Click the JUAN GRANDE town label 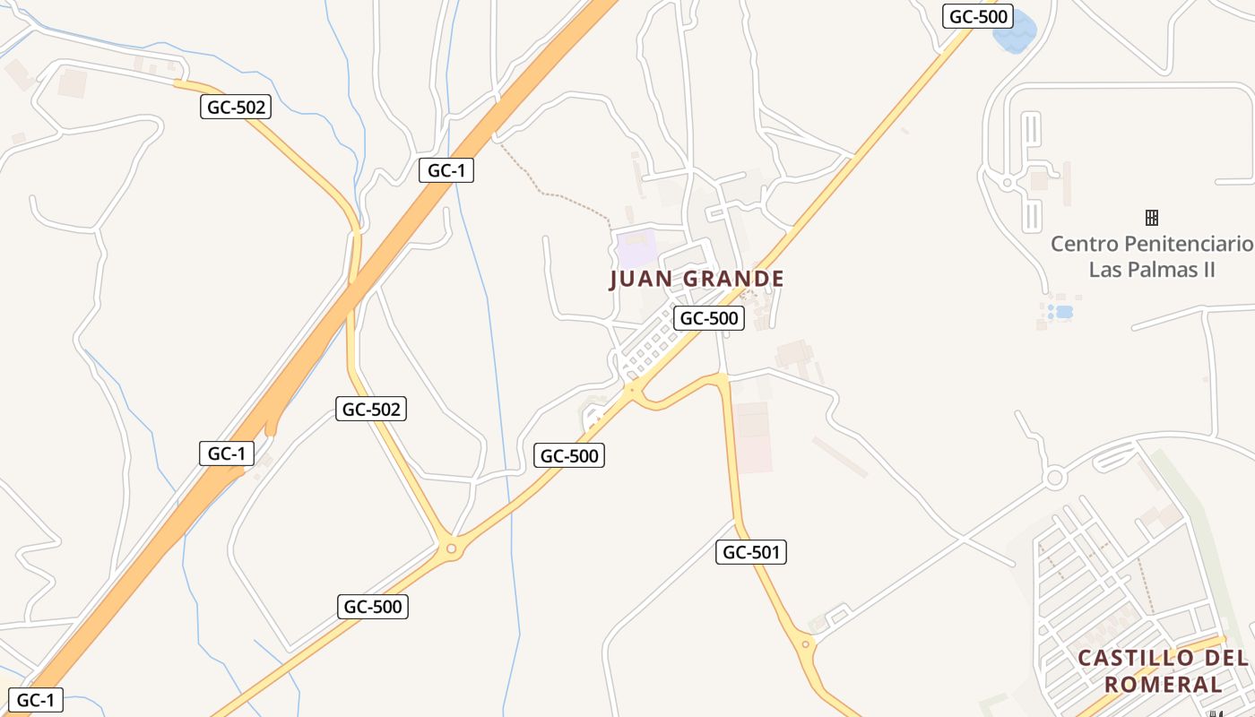[697, 279]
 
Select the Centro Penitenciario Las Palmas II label [1151, 256]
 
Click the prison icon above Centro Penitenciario [1152, 217]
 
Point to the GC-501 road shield [751, 552]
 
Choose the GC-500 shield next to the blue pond [978, 16]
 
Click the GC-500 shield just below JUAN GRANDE [709, 318]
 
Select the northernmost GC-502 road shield [236, 108]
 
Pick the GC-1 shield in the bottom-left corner [37, 700]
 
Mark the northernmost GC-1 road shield [446, 170]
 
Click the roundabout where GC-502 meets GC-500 [451, 549]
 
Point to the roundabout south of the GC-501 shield [806, 644]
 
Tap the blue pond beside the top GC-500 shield [1014, 32]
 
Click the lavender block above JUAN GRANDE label [636, 246]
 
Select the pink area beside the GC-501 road [752, 437]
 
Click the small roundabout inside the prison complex [1007, 183]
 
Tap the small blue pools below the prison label [1061, 312]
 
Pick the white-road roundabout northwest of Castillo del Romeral [1054, 477]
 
